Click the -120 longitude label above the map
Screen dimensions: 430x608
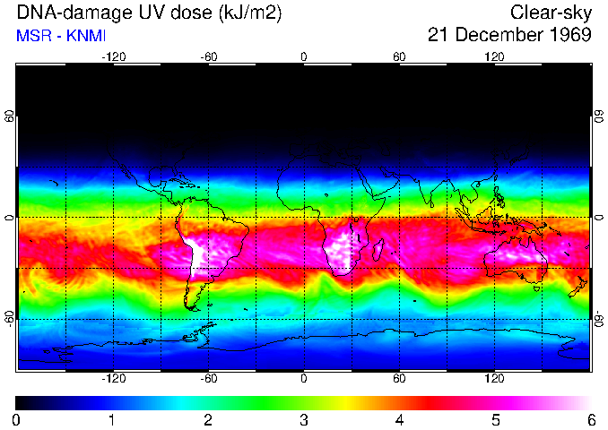click(113, 57)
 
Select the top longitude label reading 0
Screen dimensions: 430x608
click(304, 57)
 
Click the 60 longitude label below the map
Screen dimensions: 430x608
click(399, 378)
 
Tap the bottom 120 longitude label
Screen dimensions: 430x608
click(494, 378)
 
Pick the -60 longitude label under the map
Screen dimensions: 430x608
click(209, 378)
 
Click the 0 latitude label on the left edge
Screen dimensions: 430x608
click(11, 218)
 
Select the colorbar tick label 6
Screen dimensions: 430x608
click(590, 420)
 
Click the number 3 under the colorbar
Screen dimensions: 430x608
click(303, 420)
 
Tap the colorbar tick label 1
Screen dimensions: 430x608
click(111, 420)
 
